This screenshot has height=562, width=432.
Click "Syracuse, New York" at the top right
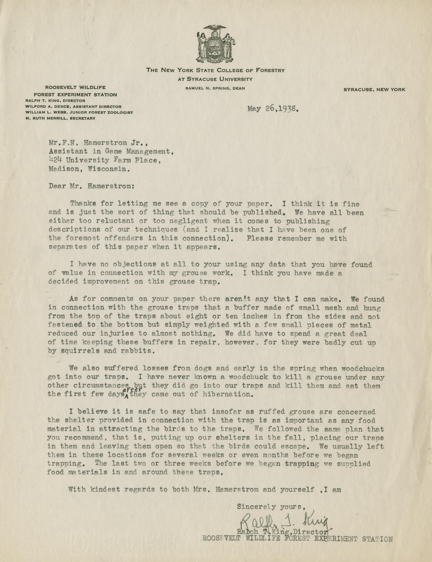click(374, 90)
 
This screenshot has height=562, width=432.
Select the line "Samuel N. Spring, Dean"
click(215, 88)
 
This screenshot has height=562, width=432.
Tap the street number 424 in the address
click(56, 160)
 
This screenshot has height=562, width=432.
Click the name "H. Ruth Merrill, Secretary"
click(61, 118)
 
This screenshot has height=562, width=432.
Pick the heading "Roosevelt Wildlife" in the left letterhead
click(76, 87)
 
